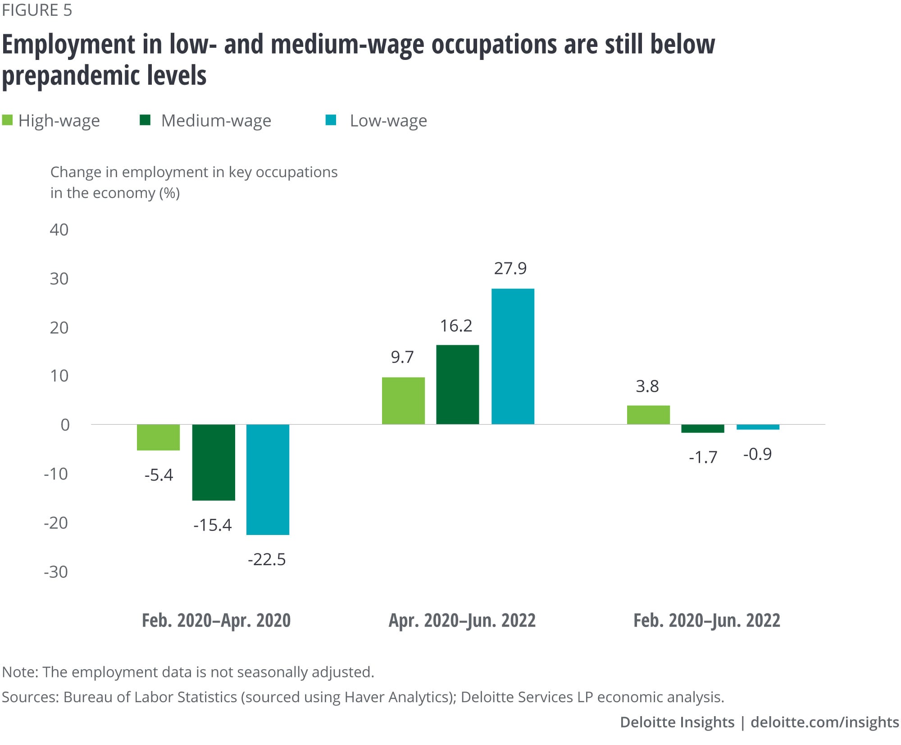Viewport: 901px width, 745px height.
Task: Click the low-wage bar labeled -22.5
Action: coord(268,479)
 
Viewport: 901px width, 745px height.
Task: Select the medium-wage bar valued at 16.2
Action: coord(457,384)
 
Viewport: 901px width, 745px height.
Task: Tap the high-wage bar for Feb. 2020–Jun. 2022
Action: coord(648,415)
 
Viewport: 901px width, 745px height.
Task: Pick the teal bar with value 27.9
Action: coord(513,356)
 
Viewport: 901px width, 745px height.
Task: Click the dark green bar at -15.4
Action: coord(214,462)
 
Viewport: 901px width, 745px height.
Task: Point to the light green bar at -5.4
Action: coord(158,437)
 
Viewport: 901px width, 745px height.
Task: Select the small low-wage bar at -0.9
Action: coord(758,427)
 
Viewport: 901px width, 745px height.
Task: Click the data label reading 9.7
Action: coord(402,357)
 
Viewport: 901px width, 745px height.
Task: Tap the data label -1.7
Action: coord(703,457)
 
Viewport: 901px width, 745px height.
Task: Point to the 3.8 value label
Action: coord(647,386)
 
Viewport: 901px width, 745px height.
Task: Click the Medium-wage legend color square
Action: coord(145,120)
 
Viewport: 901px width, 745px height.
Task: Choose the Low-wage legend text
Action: coord(388,121)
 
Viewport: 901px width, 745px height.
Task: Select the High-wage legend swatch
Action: coord(7,120)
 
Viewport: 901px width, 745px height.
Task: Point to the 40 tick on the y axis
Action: coord(59,230)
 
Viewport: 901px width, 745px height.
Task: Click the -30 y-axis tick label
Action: coord(56,572)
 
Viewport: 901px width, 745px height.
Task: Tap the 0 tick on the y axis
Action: coord(65,425)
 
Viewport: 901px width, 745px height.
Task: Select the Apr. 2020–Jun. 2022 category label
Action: coord(462,621)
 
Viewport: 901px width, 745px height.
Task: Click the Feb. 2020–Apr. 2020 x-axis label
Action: coord(216,621)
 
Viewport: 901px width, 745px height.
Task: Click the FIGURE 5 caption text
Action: coord(37,10)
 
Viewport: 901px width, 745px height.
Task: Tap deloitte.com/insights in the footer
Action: coord(824,722)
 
